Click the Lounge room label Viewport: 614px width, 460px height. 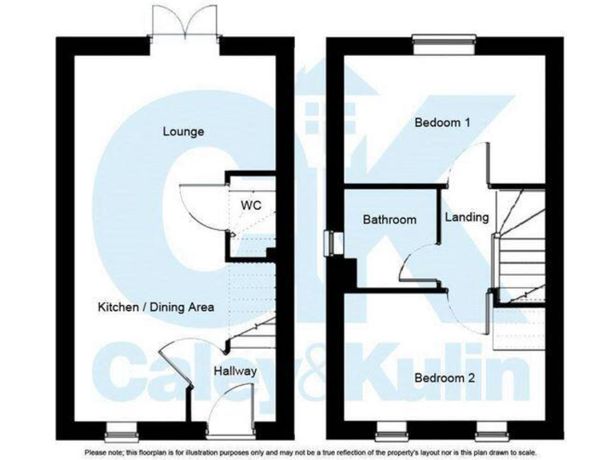tap(183, 132)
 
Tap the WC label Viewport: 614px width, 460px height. tap(251, 205)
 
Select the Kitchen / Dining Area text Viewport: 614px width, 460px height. tap(156, 307)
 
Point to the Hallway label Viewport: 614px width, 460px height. tap(235, 371)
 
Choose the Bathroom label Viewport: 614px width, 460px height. tap(389, 219)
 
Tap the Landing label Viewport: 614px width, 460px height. tap(466, 217)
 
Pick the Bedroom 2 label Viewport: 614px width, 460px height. tap(442, 379)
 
